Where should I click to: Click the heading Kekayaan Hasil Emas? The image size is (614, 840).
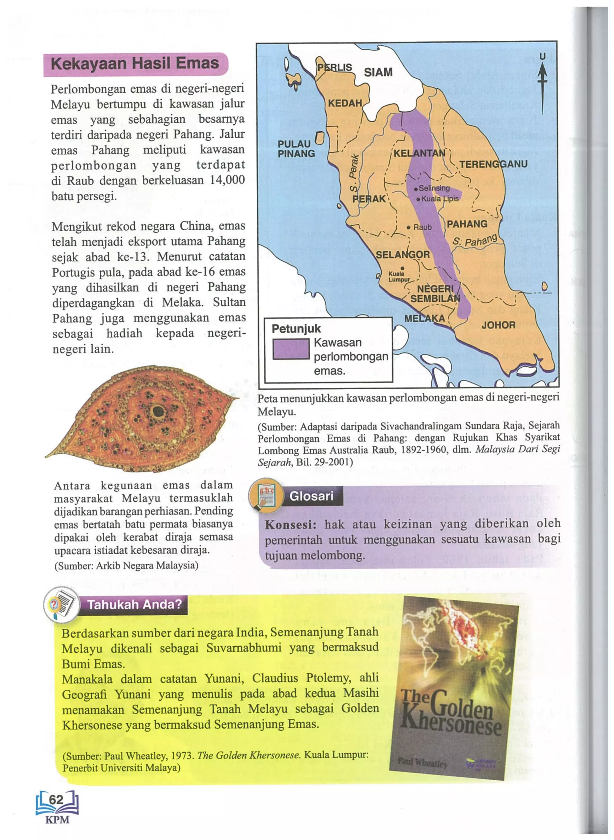tap(135, 64)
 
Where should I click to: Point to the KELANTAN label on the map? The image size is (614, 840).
tap(419, 153)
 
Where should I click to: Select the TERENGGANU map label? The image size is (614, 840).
tap(493, 164)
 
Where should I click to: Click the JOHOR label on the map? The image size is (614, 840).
tap(498, 325)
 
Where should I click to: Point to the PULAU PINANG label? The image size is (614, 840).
tap(296, 149)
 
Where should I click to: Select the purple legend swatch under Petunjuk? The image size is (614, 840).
tap(291, 349)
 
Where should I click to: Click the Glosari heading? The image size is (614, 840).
tap(311, 496)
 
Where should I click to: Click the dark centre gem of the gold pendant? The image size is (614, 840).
tap(158, 411)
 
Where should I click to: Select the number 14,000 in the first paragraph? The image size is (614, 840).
tap(227, 180)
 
